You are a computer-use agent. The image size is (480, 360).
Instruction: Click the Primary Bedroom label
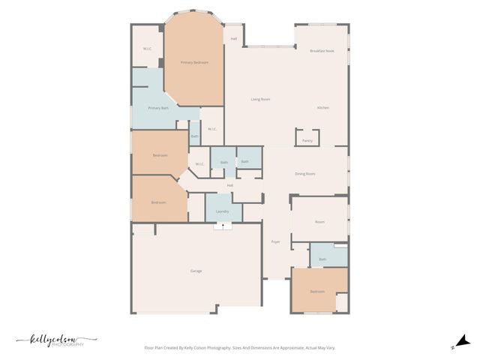click(194, 62)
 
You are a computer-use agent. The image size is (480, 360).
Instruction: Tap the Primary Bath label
click(158, 108)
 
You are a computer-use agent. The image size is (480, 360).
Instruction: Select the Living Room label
click(260, 99)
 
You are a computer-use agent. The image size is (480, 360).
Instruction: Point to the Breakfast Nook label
click(322, 50)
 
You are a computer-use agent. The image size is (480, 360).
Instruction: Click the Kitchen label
click(322, 108)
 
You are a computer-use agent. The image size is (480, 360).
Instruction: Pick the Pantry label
click(307, 140)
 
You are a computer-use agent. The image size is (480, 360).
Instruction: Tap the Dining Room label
click(304, 173)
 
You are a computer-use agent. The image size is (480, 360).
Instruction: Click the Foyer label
click(275, 241)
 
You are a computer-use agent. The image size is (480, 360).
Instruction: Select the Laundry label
click(223, 211)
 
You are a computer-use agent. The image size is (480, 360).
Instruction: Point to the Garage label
click(196, 271)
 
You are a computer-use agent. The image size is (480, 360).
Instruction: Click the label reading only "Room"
click(319, 222)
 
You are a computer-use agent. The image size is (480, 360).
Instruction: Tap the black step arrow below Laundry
click(223, 225)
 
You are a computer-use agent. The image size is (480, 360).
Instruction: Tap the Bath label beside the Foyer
click(322, 259)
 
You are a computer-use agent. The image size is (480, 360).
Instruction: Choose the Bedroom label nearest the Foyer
click(317, 291)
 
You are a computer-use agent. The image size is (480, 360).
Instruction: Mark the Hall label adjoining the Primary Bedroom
click(234, 38)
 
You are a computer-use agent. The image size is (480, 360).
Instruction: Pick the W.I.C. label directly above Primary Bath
click(148, 49)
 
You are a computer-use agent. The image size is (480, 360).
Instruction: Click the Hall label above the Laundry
click(230, 185)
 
